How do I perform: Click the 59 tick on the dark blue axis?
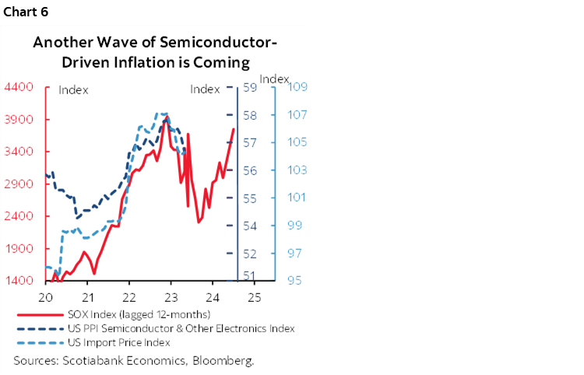click(250, 87)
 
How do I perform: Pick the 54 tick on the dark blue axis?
click(250, 226)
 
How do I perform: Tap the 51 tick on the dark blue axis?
click(250, 275)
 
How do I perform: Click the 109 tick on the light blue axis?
click(297, 87)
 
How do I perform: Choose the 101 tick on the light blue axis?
click(297, 198)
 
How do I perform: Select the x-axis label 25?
click(253, 297)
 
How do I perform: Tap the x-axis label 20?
click(45, 297)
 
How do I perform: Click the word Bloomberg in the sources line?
click(227, 361)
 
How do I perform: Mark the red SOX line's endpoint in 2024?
click(234, 129)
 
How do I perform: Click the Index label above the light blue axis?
click(274, 79)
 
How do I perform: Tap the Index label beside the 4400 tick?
click(74, 89)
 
